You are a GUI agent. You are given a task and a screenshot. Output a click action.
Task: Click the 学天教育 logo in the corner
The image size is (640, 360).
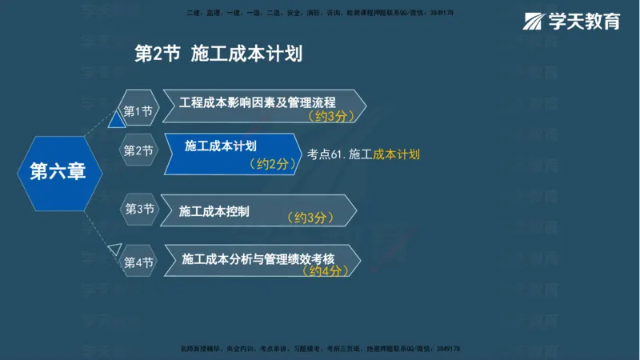(572, 22)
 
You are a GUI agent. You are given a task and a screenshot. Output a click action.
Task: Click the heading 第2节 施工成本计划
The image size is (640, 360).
(218, 54)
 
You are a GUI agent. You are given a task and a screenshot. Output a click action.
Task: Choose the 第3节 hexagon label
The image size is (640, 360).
(138, 209)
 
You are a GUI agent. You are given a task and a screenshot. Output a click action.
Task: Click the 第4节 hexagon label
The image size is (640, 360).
(138, 262)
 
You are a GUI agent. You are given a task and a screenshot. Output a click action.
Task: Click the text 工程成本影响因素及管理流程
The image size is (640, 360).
(257, 102)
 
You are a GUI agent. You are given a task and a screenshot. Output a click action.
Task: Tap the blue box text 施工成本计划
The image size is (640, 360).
(220, 146)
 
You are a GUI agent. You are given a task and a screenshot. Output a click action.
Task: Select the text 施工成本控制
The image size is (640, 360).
(214, 211)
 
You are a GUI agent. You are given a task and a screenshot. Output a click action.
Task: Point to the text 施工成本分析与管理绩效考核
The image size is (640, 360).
(258, 258)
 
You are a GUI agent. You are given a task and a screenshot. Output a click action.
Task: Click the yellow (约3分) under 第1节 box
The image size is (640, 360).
(330, 116)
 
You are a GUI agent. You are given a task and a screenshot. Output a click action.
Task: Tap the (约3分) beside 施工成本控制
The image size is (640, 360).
(310, 218)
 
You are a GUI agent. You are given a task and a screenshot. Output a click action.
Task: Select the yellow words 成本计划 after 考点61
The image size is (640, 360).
(396, 154)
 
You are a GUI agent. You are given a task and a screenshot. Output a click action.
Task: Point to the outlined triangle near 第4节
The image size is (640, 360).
(115, 248)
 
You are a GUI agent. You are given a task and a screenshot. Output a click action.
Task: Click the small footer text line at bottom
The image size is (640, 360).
(320, 350)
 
